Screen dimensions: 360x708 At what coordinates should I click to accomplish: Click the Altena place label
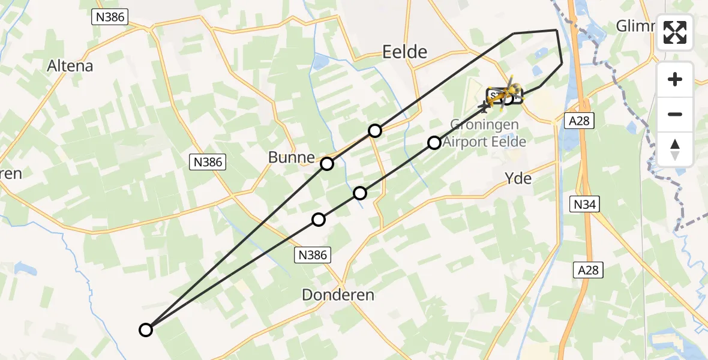pos(71,65)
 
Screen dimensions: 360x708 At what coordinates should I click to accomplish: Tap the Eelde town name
pos(405,52)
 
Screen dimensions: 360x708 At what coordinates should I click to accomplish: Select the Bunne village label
pos(292,158)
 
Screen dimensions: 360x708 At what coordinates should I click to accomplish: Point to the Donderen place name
pos(338,295)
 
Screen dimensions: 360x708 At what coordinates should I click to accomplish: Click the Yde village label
pos(518,178)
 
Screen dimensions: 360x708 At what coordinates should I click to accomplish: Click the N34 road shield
pos(584,205)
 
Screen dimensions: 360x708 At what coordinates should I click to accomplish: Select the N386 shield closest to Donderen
pos(313,255)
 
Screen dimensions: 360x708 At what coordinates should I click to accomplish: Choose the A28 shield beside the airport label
pos(580,121)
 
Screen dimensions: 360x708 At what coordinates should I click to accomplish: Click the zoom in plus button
pos(675,79)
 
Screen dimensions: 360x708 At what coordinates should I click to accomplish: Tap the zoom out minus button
pos(675,114)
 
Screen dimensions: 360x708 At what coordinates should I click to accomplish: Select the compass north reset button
pos(675,149)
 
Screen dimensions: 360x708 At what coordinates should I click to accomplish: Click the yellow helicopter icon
pos(510,90)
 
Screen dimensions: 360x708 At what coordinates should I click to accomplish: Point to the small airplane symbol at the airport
pos(484,108)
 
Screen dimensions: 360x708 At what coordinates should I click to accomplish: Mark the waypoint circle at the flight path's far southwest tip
pos(146,329)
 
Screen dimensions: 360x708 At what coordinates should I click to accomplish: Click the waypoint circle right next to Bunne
pos(326,163)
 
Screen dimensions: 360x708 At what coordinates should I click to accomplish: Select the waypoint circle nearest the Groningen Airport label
pos(434,142)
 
